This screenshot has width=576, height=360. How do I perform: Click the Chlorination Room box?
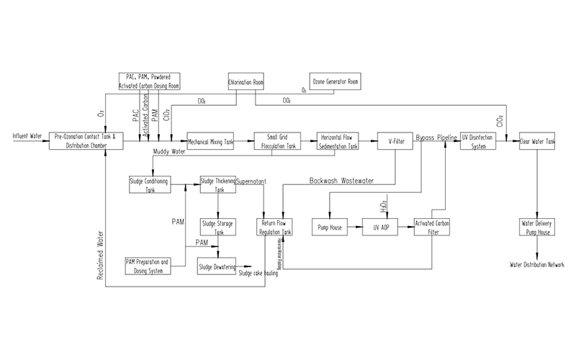coord(246,82)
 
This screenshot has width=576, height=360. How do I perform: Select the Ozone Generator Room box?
coord(334,82)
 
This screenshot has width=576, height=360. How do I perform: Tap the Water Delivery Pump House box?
coord(536,228)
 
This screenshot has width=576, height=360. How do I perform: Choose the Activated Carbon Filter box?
coord(431,228)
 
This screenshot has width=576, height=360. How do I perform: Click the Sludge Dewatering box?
coord(218,266)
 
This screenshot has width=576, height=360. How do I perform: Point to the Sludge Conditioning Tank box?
coord(150,185)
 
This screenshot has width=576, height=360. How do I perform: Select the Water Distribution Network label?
coord(536,265)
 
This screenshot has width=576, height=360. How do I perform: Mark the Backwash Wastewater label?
coord(342,181)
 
